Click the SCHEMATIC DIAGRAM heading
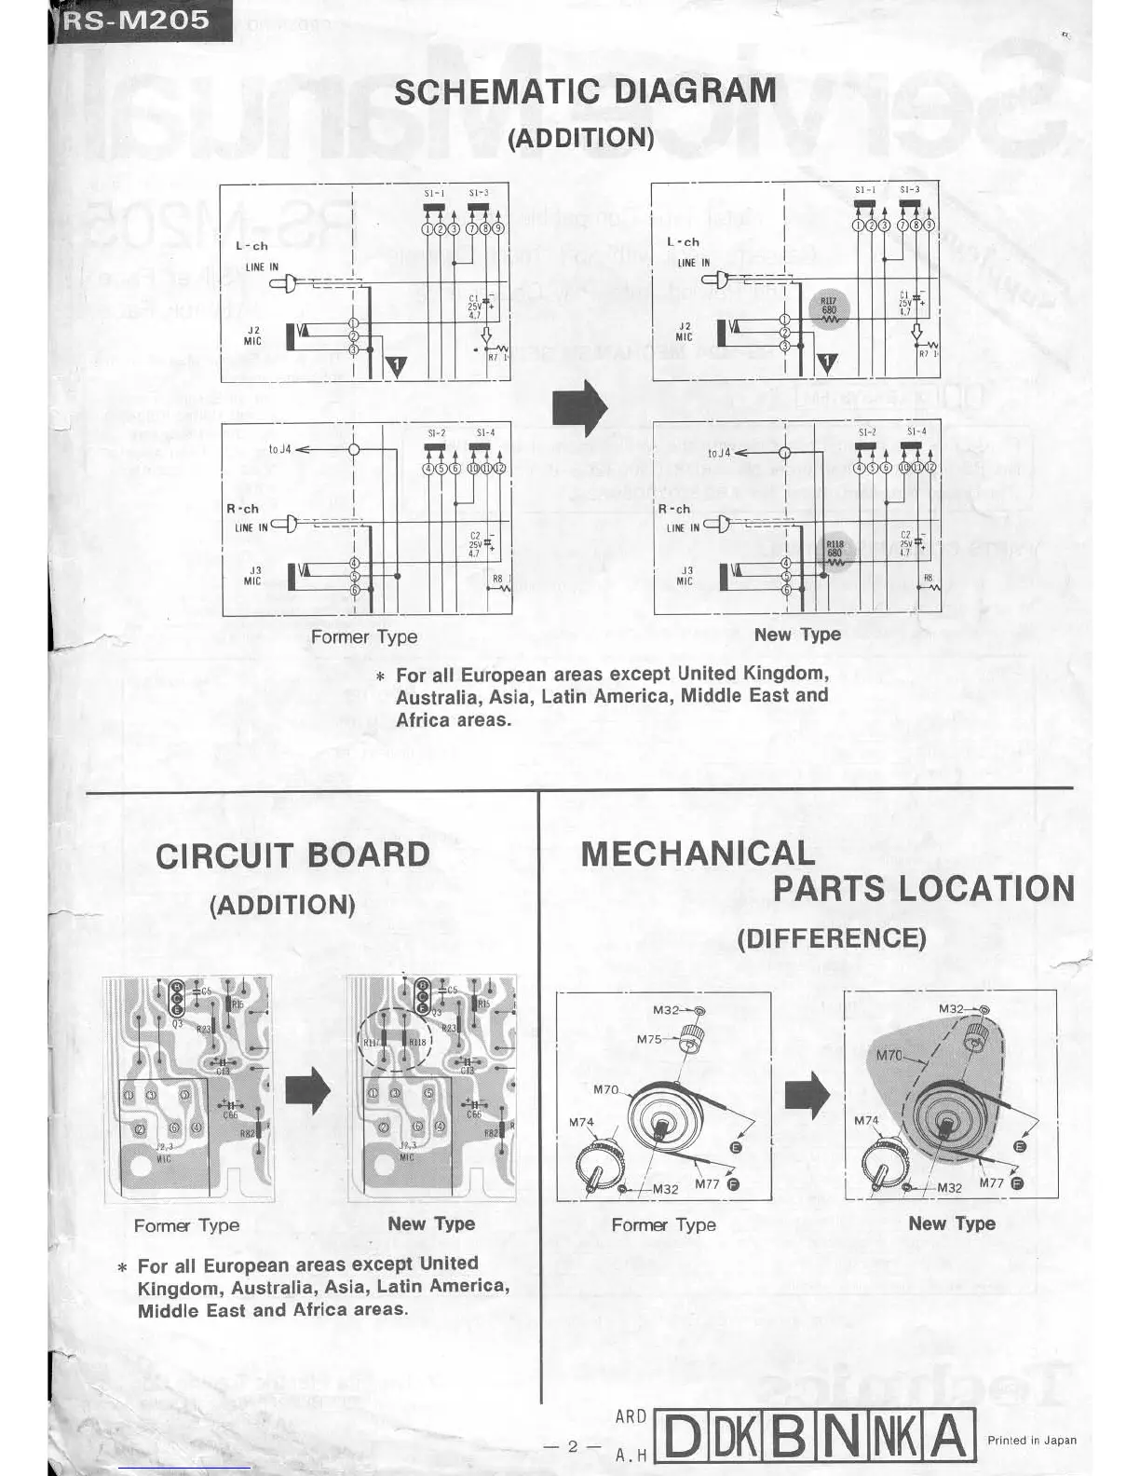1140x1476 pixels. (x=585, y=91)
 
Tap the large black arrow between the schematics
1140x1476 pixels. (x=579, y=407)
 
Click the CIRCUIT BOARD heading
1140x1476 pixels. (x=292, y=855)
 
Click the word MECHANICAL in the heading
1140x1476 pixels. (x=698, y=854)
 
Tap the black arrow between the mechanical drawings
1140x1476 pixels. (x=807, y=1095)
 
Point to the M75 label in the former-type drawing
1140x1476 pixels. (x=649, y=1039)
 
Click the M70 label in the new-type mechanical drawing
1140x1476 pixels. (x=890, y=1056)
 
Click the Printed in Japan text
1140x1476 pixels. (x=1031, y=1440)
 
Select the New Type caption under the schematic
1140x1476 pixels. (x=797, y=635)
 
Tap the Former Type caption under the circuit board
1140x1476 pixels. (x=186, y=1225)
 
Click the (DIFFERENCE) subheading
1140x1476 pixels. (x=832, y=937)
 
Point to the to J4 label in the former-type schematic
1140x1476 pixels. (x=280, y=449)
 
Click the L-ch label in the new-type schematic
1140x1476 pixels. (x=683, y=242)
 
